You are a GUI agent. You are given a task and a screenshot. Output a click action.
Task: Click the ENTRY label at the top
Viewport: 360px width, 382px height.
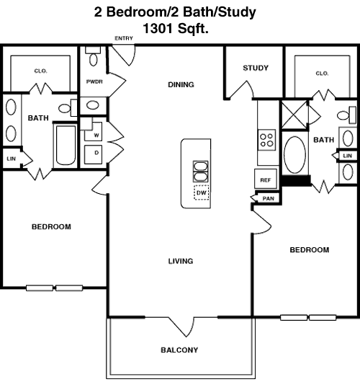[124, 38]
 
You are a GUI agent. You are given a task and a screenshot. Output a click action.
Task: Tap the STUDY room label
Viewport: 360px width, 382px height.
[256, 68]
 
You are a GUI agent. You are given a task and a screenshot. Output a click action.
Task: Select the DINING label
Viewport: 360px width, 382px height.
[181, 84]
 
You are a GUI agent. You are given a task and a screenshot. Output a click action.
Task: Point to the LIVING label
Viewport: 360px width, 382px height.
[181, 261]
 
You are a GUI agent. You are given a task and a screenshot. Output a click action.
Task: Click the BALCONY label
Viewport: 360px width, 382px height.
[179, 350]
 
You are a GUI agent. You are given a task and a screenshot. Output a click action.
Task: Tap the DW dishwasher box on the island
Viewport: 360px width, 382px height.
[202, 192]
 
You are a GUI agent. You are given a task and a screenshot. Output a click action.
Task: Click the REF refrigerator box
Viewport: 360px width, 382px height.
[266, 179]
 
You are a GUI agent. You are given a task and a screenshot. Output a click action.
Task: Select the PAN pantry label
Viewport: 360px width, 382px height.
[269, 198]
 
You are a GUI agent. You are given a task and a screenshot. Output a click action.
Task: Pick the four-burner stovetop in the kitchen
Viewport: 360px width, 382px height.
[267, 140]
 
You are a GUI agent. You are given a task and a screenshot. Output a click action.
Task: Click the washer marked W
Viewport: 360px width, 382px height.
[93, 132]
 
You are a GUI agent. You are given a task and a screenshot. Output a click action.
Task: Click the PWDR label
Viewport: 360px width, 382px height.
[94, 81]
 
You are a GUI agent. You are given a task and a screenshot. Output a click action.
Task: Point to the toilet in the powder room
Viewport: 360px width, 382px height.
[93, 56]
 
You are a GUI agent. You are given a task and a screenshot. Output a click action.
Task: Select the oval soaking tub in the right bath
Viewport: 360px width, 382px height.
[294, 155]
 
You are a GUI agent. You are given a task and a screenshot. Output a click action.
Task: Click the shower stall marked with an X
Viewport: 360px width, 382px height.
[294, 115]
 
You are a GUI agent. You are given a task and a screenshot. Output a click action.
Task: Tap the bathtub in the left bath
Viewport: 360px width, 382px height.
[66, 146]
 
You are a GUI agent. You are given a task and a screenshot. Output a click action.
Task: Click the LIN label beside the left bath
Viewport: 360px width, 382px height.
[11, 159]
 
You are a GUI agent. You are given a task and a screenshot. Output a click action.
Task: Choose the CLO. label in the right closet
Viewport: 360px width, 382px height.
[322, 73]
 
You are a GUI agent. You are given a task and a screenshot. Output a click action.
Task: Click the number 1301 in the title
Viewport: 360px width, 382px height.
[158, 28]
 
